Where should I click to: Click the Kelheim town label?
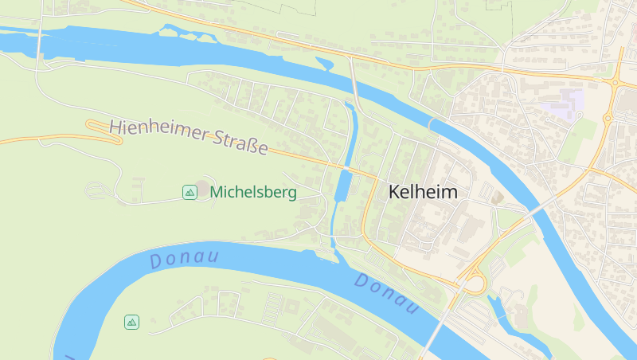(x=423, y=192)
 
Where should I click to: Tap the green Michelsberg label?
(x=253, y=192)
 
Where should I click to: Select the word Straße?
(x=241, y=144)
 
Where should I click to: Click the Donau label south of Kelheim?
(x=387, y=292)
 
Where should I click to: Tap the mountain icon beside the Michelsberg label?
(x=190, y=192)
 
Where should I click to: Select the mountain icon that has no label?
(x=131, y=322)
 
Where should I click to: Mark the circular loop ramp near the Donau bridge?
(x=475, y=283)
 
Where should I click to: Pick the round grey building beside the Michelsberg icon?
(x=203, y=188)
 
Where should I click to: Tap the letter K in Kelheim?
(x=394, y=192)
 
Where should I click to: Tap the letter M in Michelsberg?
(x=217, y=192)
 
